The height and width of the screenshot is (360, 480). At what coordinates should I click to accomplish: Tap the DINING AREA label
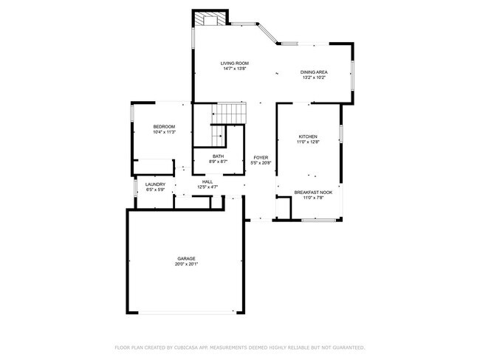click(x=313, y=72)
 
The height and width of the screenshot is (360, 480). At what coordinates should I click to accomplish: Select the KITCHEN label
click(x=308, y=136)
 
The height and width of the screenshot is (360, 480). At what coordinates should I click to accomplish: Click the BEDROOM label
click(x=164, y=127)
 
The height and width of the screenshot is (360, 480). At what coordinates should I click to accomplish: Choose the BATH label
click(x=218, y=156)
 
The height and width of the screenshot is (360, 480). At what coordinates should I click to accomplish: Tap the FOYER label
click(x=261, y=157)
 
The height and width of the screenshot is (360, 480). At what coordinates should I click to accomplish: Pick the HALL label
click(x=208, y=181)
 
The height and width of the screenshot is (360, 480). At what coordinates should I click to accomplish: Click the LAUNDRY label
click(x=154, y=184)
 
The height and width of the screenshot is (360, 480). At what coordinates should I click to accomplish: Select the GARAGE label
click(x=185, y=258)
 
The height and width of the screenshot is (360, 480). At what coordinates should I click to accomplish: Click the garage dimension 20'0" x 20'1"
click(x=185, y=264)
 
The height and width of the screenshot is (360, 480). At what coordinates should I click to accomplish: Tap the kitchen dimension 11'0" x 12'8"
click(x=308, y=142)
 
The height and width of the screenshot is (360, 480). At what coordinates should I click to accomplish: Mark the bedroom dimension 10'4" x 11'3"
click(x=164, y=133)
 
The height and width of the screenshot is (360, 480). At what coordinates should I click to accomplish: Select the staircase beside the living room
click(x=229, y=114)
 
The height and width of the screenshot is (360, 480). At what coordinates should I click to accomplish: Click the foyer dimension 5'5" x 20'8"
click(x=261, y=163)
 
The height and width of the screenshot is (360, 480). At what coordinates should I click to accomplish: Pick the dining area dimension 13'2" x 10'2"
click(x=313, y=77)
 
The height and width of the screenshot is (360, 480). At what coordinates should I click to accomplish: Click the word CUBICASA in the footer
click(x=190, y=347)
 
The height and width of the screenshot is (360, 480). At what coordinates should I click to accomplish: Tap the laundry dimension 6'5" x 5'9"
click(x=154, y=190)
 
